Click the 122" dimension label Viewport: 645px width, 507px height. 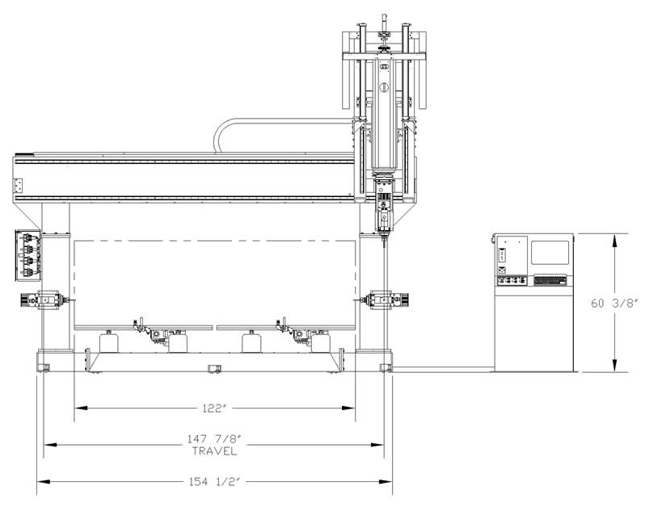point(214,409)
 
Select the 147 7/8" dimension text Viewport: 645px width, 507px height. point(214,439)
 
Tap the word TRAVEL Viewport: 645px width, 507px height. point(214,451)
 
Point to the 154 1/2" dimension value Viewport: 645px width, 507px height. point(214,481)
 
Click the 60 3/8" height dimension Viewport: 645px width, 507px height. point(614,304)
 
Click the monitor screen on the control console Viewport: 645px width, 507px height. point(550,252)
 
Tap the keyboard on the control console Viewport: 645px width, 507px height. point(550,281)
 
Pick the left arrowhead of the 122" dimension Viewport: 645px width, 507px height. point(81,408)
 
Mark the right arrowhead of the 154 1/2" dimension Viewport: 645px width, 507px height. point(386,481)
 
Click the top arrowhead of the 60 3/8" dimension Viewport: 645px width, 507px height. point(614,241)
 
